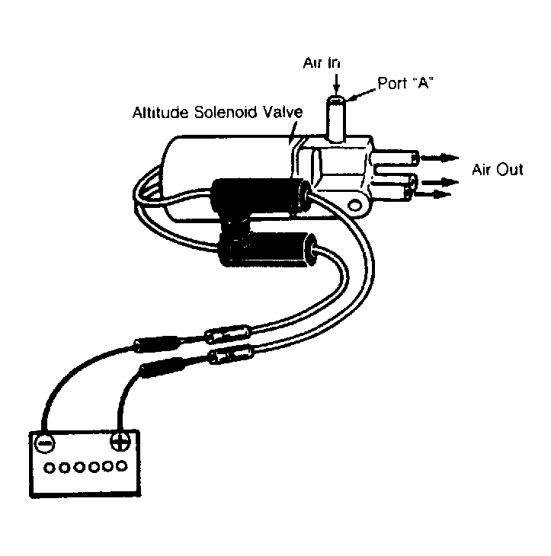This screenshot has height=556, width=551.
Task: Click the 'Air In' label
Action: tap(322, 62)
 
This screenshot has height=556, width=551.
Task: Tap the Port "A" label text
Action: tap(405, 83)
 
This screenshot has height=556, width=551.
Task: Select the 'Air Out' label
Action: tap(497, 170)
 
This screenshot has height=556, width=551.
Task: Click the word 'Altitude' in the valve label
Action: tap(160, 113)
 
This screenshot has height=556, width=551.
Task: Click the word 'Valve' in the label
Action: tap(283, 113)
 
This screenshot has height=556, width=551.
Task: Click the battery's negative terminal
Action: tap(44, 443)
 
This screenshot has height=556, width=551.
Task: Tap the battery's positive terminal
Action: tap(120, 442)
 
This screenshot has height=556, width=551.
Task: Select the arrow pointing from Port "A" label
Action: tap(360, 94)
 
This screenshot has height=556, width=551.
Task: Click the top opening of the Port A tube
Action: tap(335, 101)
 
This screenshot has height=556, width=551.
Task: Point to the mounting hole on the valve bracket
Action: tap(354, 206)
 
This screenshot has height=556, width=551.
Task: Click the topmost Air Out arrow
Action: tap(439, 158)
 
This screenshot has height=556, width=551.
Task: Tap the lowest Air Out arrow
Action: tap(433, 194)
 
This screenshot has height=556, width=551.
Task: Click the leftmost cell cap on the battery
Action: tap(50, 468)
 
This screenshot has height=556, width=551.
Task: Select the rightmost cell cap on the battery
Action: tap(122, 465)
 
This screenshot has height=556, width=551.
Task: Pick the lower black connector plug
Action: tap(267, 251)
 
